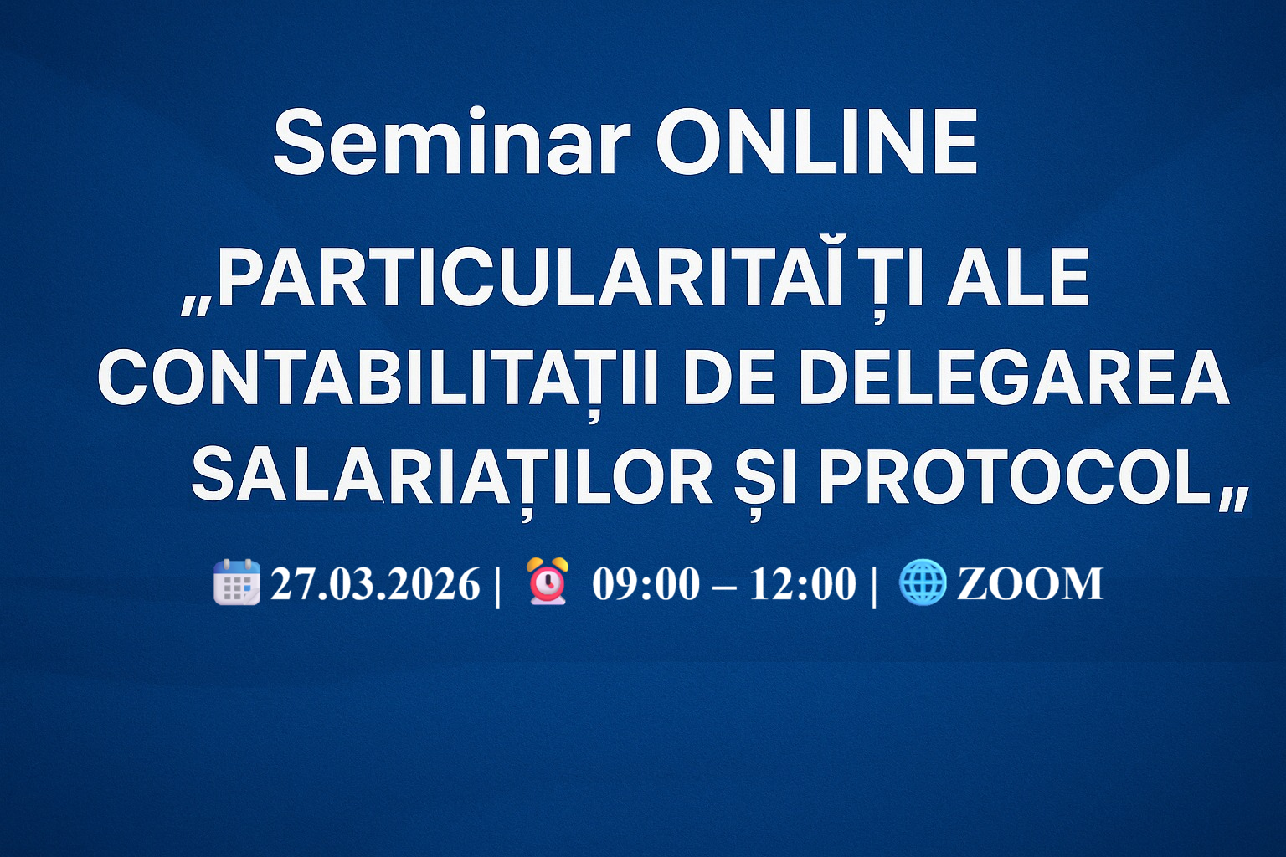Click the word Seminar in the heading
451,142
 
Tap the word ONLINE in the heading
816,142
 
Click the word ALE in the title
1018,280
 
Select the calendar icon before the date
237,582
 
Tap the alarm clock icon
548,582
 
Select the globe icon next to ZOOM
922,582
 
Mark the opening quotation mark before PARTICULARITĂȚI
196,305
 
